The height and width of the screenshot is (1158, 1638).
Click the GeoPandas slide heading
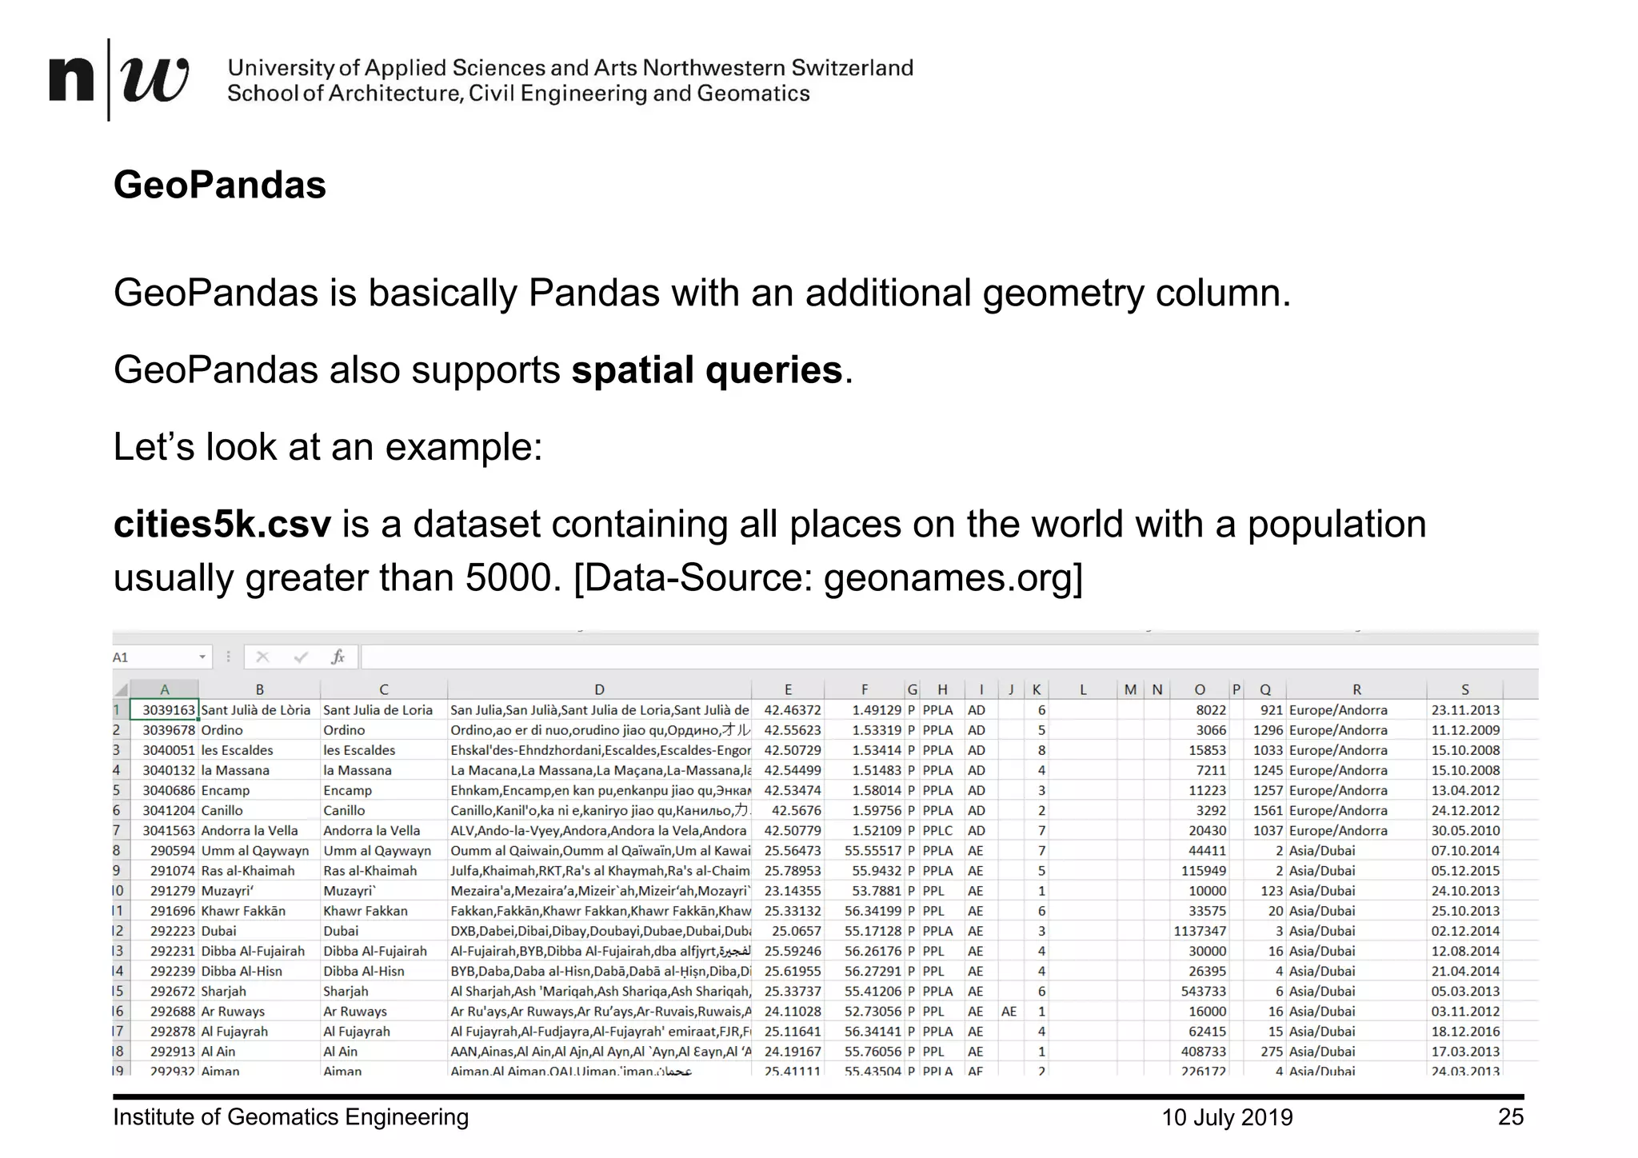coord(219,185)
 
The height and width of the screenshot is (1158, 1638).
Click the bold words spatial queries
coord(706,370)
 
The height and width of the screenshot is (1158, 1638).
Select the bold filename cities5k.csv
coord(222,525)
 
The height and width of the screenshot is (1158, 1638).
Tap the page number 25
coord(1510,1117)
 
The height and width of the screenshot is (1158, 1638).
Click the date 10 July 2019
coord(1226,1117)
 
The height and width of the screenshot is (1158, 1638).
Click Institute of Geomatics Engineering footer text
coord(290,1117)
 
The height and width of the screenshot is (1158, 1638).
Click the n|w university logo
coord(118,80)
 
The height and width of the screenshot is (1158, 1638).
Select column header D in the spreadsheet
coord(599,689)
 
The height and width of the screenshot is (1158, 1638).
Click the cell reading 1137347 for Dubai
coord(1200,931)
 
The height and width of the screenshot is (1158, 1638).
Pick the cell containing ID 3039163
coord(168,710)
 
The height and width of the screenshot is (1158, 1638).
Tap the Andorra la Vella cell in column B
coord(249,831)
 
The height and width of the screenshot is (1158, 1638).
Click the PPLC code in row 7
coord(937,831)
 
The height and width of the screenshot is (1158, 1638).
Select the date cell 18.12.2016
coord(1465,1032)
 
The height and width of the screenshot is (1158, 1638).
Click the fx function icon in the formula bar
coord(338,657)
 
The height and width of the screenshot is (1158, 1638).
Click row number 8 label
coord(117,851)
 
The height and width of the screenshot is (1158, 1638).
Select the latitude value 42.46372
coord(792,710)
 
